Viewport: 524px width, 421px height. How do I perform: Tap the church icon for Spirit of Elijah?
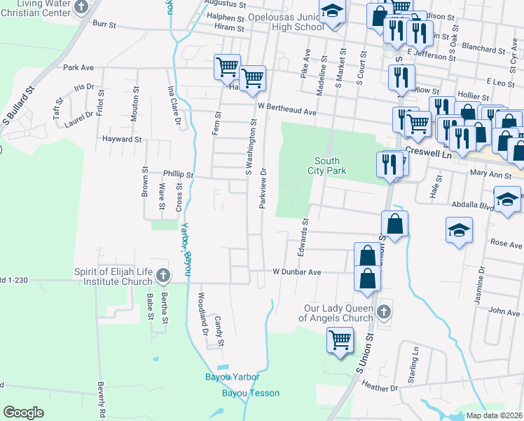pos(163,274)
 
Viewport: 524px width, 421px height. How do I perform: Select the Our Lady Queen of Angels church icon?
pos(382,310)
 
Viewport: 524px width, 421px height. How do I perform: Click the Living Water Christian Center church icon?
pos(81,8)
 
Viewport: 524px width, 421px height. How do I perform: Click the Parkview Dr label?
pos(263,187)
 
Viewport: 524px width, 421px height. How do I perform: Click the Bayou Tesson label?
pos(251,393)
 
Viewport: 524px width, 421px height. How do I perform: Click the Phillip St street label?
pos(177,173)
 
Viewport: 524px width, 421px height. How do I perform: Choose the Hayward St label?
pos(122,140)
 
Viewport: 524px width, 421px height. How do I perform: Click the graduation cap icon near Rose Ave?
pos(459,229)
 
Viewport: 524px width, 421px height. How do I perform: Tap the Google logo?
pos(23,413)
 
